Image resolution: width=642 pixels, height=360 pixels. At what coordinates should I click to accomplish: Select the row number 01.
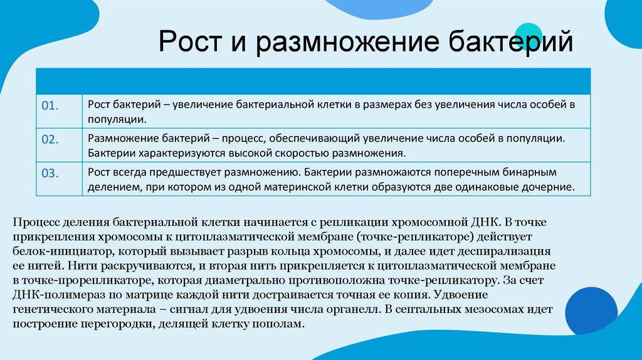click(x=50, y=105)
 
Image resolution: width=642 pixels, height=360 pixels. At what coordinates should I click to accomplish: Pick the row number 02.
click(x=50, y=139)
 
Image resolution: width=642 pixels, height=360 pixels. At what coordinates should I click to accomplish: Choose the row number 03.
click(x=50, y=173)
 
